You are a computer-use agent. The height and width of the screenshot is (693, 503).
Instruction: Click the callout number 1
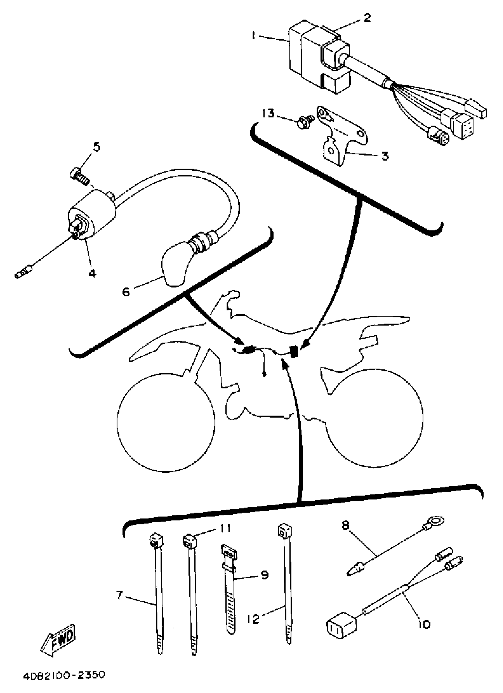click(x=253, y=36)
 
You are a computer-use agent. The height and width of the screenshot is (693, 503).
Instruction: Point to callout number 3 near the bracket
click(x=385, y=156)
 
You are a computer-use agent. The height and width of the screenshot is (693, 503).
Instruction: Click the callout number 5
click(x=96, y=147)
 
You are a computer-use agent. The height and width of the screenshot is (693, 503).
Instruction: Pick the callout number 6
click(x=126, y=292)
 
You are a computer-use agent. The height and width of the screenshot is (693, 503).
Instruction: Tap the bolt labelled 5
click(x=78, y=175)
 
